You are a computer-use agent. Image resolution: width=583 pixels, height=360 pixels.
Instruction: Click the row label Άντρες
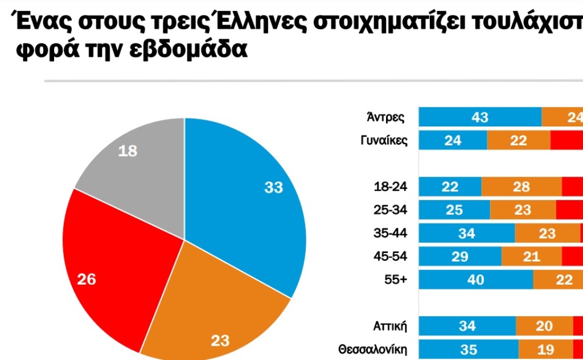[386, 117]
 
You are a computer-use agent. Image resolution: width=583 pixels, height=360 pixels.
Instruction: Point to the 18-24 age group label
[390, 187]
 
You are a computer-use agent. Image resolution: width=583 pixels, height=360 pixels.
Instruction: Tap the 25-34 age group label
[390, 210]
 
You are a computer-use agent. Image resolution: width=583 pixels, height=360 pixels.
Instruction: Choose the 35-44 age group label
[390, 234]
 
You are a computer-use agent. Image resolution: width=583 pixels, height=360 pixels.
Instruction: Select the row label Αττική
[390, 326]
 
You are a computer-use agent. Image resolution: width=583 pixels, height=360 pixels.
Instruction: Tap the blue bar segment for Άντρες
[480, 117]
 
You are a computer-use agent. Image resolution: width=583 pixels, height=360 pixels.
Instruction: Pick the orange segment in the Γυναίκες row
[519, 140]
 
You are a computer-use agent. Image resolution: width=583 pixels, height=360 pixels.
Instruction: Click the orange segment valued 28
[522, 187]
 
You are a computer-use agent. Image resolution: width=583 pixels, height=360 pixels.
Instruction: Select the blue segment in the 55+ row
[476, 280]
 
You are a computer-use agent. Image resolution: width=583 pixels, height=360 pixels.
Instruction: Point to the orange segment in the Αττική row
[544, 326]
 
